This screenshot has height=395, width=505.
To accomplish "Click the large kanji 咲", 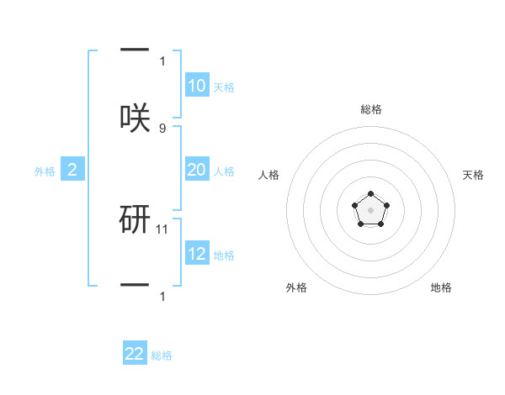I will (x=135, y=117).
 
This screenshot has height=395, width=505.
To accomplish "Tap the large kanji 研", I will (x=135, y=219).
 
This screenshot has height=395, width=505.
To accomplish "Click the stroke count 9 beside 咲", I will (x=162, y=129).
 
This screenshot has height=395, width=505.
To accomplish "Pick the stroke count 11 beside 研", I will (x=163, y=229).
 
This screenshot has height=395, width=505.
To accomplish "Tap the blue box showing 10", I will (x=197, y=86).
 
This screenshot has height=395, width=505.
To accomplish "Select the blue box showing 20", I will (x=197, y=170).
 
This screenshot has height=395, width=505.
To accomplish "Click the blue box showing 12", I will (x=197, y=254).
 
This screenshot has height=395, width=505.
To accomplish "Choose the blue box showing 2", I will (x=72, y=171).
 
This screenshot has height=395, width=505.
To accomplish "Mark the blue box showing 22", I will (x=135, y=354).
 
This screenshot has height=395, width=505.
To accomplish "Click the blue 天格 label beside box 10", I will (x=224, y=87).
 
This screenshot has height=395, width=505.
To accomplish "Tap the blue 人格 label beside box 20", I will (x=224, y=171).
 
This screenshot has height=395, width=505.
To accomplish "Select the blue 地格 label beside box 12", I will (x=224, y=255).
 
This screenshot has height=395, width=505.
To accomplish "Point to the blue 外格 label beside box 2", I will (x=45, y=171).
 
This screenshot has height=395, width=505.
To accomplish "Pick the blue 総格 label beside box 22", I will (x=162, y=355).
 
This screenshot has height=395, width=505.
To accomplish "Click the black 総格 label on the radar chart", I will (x=370, y=109).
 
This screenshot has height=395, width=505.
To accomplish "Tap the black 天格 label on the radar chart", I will (x=474, y=175).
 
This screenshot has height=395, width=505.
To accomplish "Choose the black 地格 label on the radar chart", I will (x=441, y=287).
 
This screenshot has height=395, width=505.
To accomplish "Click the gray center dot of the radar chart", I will (x=370, y=209).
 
